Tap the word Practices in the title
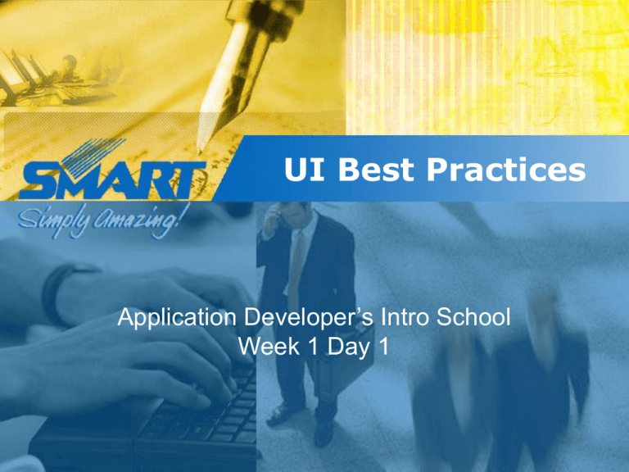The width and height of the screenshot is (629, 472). point(503,170)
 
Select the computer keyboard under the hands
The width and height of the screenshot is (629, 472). point(197,418)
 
